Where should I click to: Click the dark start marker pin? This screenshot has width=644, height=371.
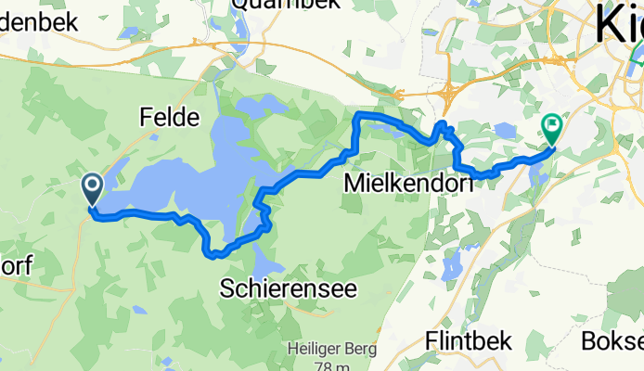pyautogui.click(x=93, y=188)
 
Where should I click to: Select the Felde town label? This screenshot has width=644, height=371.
pyautogui.click(x=170, y=118)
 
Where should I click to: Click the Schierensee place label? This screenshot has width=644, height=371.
pyautogui.click(x=289, y=289)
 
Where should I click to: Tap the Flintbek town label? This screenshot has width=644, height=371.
pyautogui.click(x=469, y=341)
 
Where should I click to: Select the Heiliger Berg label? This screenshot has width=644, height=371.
pyautogui.click(x=317, y=350)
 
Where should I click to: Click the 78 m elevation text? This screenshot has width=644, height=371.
pyautogui.click(x=318, y=365)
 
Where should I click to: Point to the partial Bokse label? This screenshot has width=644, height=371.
pyautogui.click(x=612, y=341)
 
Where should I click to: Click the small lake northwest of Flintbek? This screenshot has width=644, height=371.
pyautogui.click(x=452, y=268)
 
